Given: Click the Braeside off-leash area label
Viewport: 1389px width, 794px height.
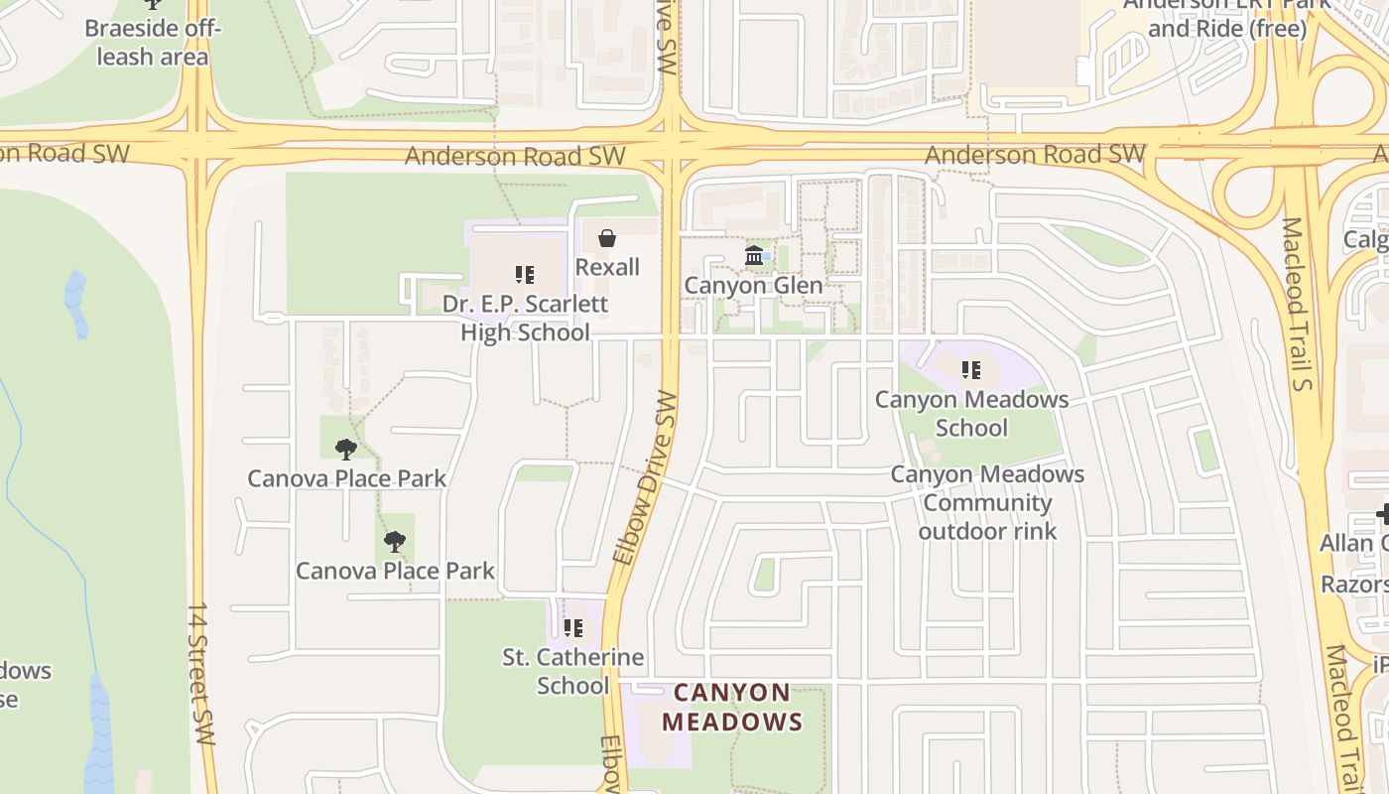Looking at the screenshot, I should coord(152,42).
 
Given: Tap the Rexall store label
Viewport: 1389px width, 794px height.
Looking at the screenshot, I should coord(607,267).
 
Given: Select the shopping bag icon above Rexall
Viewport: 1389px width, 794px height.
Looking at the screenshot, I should coord(607,238).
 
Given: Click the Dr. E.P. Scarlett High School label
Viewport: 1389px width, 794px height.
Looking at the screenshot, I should coord(525,318).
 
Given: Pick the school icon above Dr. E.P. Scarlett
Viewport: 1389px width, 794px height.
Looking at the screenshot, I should coord(525,274).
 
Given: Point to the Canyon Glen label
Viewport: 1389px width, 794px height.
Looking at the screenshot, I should coord(754,286).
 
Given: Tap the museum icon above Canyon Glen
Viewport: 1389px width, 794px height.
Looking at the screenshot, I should coord(754,256).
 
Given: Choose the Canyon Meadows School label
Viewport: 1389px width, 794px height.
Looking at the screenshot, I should coord(971,414).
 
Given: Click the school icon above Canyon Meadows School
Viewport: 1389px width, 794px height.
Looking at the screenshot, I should coord(971,370).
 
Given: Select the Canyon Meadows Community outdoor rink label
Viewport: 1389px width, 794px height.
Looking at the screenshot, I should coord(987,502).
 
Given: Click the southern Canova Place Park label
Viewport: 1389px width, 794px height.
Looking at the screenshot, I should coord(395,571).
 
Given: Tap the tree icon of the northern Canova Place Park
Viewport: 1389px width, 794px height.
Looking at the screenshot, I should coord(345,450).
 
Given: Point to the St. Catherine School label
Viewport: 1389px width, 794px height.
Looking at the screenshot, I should coord(572,671).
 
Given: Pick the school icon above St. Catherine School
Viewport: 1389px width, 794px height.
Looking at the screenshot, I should coord(572,627).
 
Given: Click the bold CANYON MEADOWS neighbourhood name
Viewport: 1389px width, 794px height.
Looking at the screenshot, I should coord(732,707).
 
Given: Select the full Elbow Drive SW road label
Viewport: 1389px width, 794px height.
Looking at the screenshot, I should coord(645,477).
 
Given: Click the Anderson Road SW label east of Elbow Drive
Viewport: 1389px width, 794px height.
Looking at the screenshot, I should coord(1035,155).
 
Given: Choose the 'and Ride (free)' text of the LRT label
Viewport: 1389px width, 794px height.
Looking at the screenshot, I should coord(1227,28).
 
